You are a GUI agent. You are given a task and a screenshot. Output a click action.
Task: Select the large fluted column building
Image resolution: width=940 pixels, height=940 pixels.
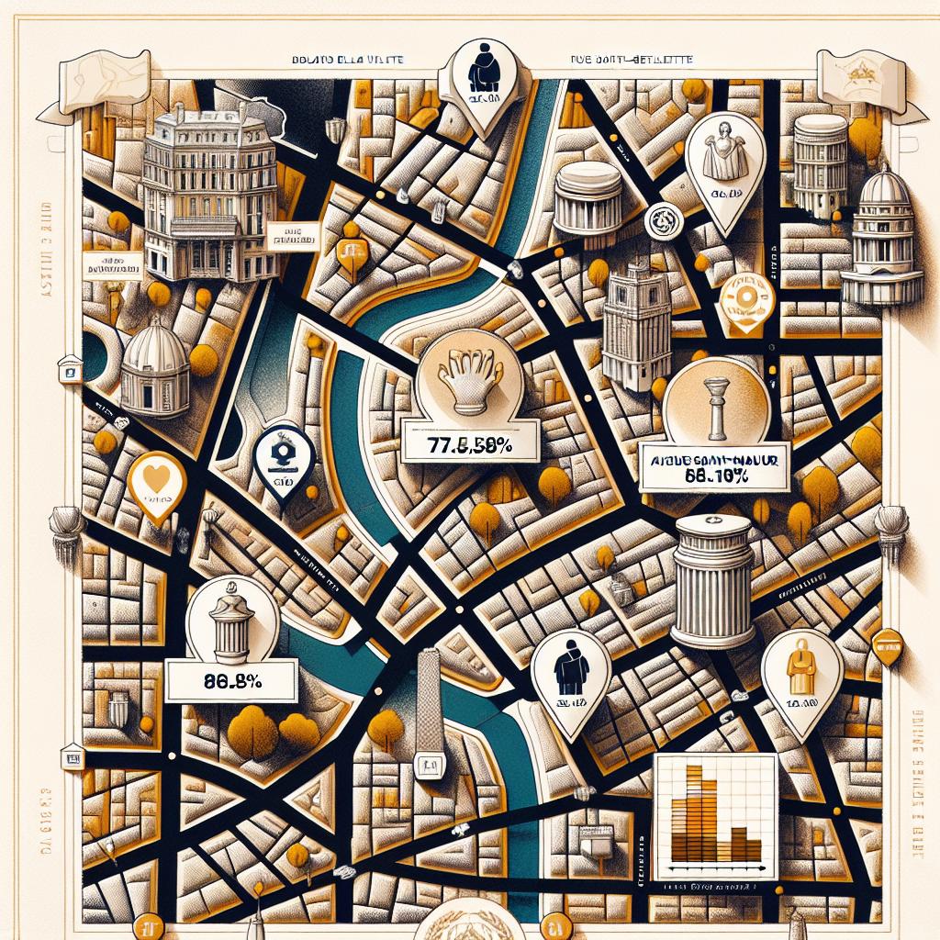point(712,581)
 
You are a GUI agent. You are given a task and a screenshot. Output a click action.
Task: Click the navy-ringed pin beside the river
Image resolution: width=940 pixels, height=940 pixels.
point(285,460)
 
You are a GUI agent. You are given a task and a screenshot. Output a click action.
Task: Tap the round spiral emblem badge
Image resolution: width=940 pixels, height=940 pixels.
point(659,218)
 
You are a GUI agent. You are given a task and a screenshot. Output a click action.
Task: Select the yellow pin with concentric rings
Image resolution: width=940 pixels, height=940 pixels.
point(746,300)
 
